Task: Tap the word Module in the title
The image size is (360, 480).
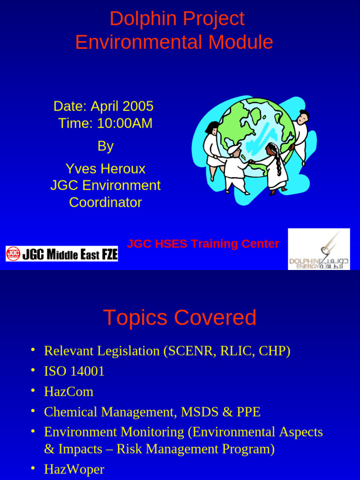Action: tap(240, 42)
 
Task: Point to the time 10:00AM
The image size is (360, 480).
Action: tap(125, 123)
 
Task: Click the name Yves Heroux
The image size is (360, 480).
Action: tap(105, 169)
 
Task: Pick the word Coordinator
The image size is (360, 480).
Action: tap(105, 202)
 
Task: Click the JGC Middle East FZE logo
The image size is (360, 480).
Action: tap(62, 254)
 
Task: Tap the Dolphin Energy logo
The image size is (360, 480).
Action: tap(319, 249)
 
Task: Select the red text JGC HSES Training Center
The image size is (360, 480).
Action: tap(203, 244)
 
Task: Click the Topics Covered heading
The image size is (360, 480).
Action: tap(180, 317)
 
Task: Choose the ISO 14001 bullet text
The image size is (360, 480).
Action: tap(75, 371)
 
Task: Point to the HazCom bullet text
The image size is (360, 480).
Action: tap(69, 391)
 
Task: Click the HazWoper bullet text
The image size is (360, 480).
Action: tap(75, 469)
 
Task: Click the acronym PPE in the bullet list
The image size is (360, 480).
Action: tap(248, 412)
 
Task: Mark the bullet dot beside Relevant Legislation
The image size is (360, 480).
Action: tap(33, 350)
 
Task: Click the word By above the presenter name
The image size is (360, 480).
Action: tap(105, 146)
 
